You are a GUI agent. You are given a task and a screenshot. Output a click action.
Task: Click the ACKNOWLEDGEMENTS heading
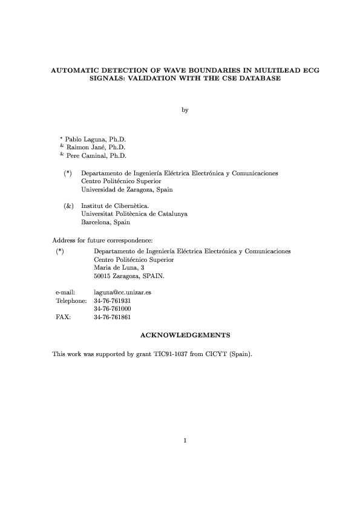click(184, 334)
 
